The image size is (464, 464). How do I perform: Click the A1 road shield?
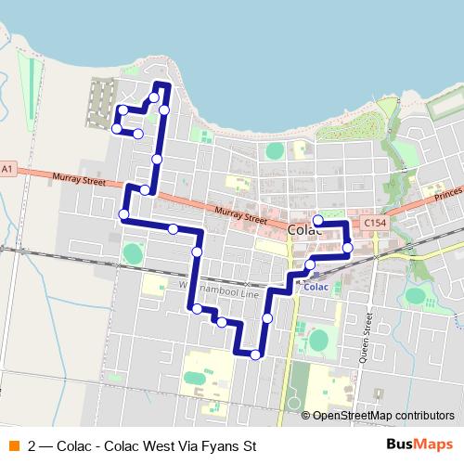7,168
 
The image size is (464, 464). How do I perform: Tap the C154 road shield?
374,224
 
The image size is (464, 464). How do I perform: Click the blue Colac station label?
316,287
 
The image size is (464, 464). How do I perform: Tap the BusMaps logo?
419,445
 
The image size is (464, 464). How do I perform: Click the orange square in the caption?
13,445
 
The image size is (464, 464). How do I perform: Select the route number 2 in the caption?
33,445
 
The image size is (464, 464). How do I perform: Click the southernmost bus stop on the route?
255,354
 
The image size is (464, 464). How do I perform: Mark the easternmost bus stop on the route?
347,247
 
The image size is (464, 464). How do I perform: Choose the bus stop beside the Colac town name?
317,221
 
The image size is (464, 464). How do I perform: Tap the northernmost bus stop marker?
153,97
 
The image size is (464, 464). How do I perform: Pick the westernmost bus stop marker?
115,130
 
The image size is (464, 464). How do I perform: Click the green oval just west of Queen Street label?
319,340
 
